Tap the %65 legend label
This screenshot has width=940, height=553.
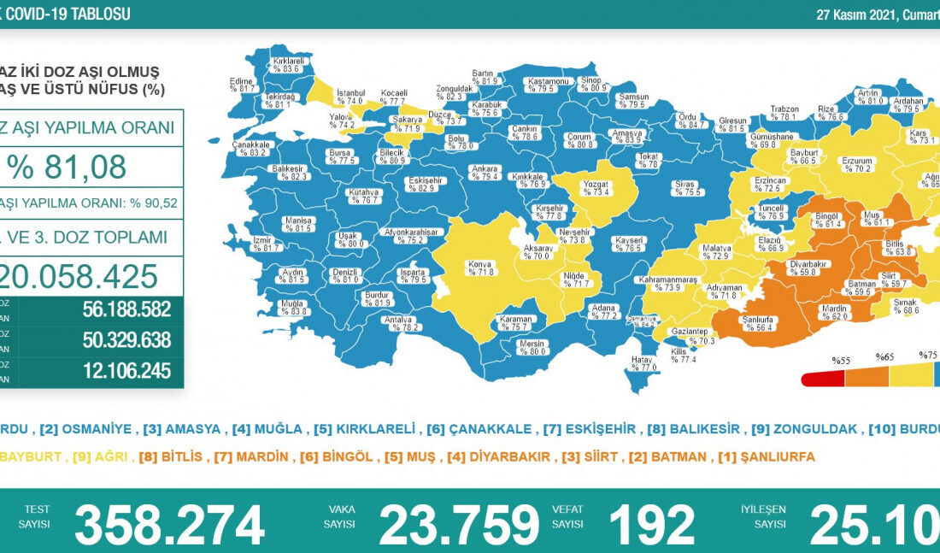tap(884, 356)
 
